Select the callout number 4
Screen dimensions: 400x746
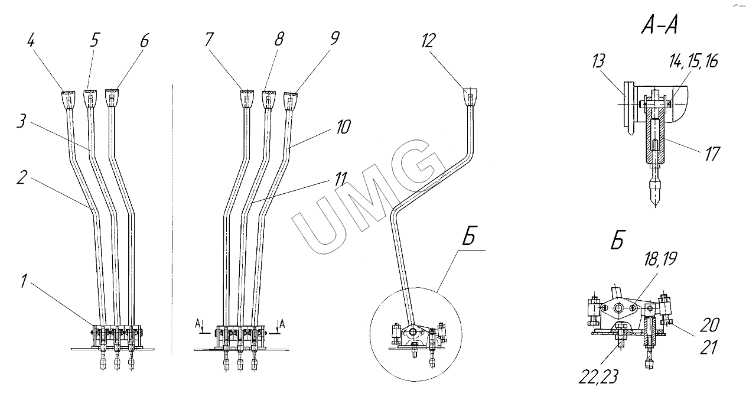pyautogui.click(x=31, y=42)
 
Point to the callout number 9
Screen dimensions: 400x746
pyautogui.click(x=334, y=39)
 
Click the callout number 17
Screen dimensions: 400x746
pyautogui.click(x=712, y=154)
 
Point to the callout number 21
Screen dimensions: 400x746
pyautogui.click(x=708, y=347)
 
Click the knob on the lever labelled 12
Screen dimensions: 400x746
pyautogui.click(x=470, y=96)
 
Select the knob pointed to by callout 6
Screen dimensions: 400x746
pyautogui.click(x=112, y=97)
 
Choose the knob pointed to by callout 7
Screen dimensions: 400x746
pyautogui.click(x=247, y=98)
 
